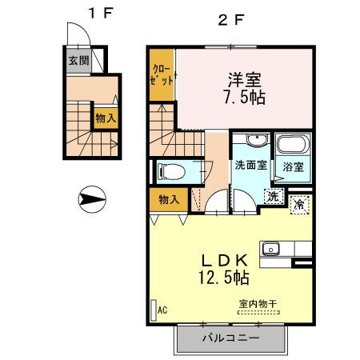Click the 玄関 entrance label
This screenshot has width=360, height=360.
tap(78, 61)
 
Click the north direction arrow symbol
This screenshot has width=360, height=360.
tap(93, 198)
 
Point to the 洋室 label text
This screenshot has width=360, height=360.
tap(246, 80)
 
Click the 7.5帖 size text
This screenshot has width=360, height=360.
tap(246, 99)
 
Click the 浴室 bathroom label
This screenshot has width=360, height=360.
tap(293, 167)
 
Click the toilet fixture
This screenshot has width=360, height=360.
tap(173, 170)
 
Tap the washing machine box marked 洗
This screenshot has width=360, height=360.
tap(274, 195)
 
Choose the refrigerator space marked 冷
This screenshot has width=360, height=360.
tap(299, 204)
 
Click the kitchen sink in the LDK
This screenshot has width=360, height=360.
tap(270, 248)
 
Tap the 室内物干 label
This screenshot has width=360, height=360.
tap(255, 305)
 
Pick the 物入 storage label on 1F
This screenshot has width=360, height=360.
tap(105, 118)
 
